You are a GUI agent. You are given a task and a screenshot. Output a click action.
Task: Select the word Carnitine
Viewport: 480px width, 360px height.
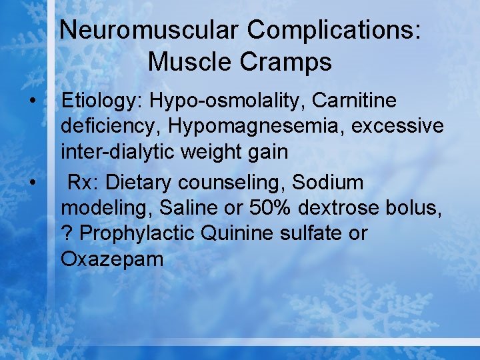tap(353, 101)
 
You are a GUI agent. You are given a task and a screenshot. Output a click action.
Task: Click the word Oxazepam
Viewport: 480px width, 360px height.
tap(112, 259)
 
